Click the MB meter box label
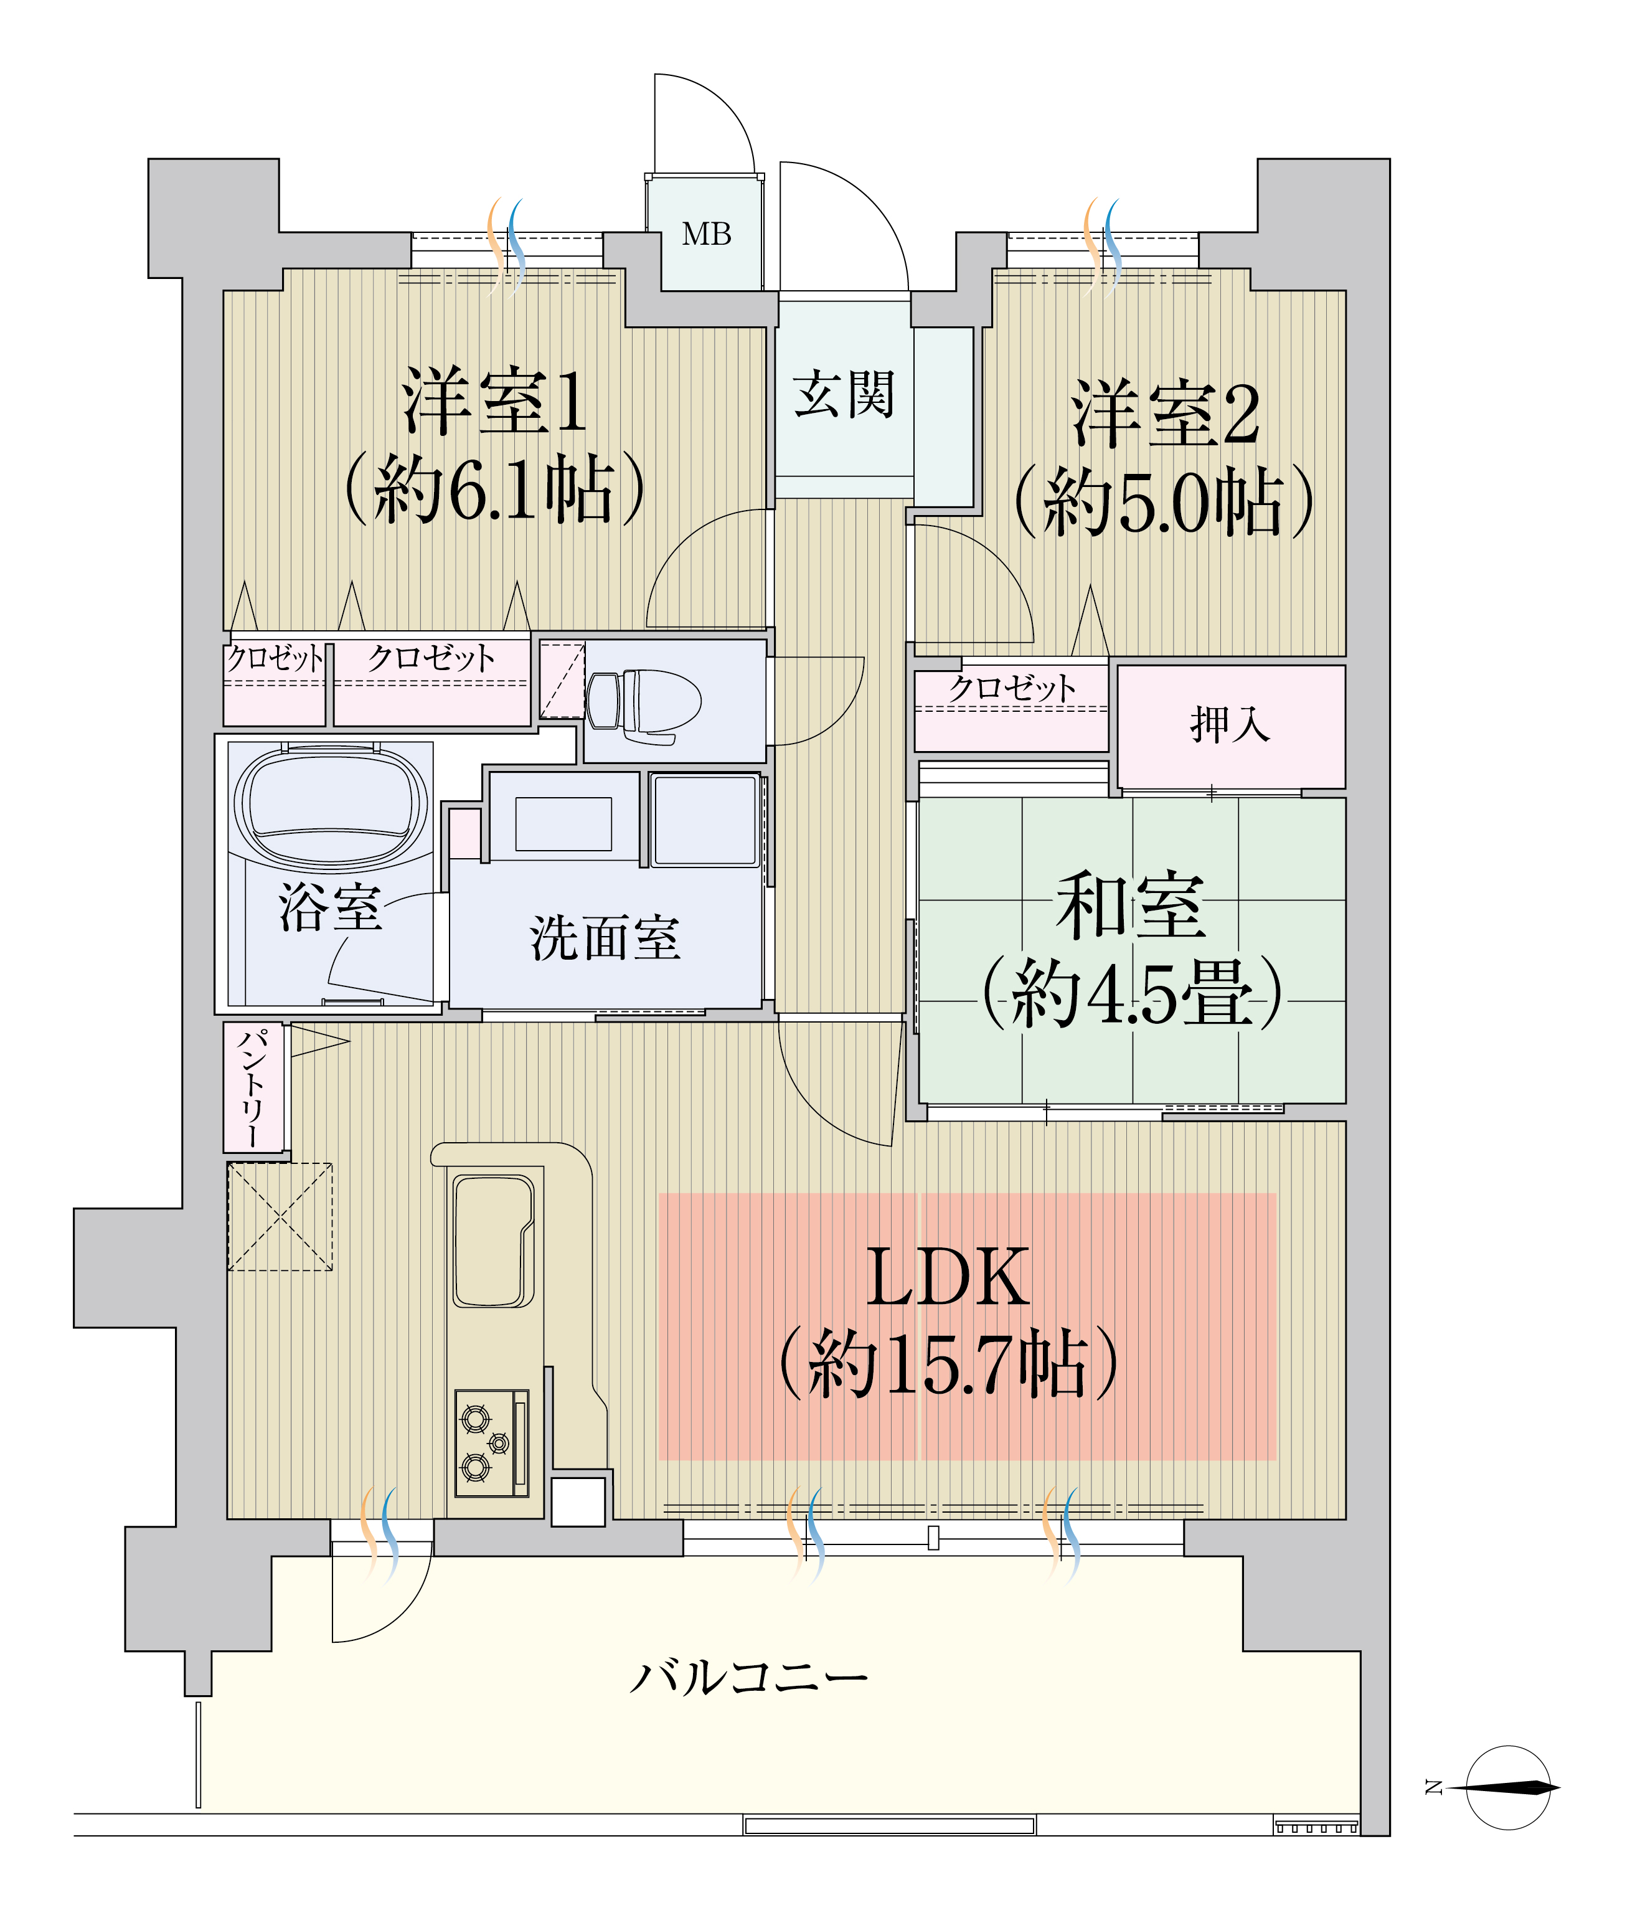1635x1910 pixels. click(706, 234)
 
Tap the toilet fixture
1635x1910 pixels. click(643, 706)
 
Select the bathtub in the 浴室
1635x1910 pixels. click(331, 806)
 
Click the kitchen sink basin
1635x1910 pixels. click(493, 1241)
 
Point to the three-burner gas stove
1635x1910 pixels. click(492, 1444)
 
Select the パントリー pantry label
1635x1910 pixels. click(253, 1088)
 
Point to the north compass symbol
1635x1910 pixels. click(1507, 1789)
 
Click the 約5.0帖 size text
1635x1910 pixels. click(1163, 501)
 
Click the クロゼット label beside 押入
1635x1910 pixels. click(1011, 688)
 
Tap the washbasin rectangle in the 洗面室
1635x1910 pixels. click(563, 824)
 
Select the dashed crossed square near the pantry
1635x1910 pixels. click(280, 1217)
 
